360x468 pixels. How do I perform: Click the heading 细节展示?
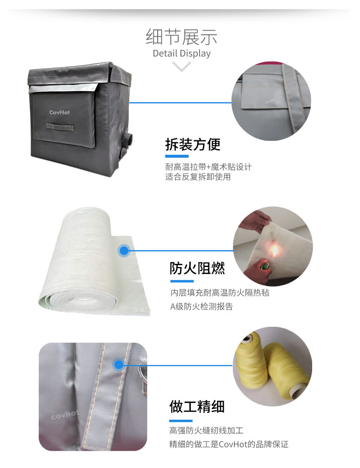[181, 37]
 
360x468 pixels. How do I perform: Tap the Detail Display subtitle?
[181, 53]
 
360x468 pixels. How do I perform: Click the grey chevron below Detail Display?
[181, 66]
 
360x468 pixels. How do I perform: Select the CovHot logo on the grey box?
[60, 113]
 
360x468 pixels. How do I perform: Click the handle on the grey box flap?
[60, 127]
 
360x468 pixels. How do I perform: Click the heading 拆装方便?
[193, 144]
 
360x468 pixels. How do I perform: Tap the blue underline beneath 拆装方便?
[177, 156]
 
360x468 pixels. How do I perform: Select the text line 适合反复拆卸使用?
[198, 177]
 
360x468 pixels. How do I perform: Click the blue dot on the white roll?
[124, 251]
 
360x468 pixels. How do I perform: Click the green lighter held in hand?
[264, 265]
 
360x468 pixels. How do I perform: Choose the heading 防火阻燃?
[197, 268]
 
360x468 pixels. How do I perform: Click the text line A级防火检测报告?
[201, 307]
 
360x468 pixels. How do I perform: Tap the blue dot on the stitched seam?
[118, 365]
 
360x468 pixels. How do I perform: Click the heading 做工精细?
[197, 407]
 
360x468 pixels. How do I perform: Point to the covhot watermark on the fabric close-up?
[64, 414]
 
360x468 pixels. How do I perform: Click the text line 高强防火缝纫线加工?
[206, 431]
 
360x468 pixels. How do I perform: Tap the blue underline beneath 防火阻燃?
[182, 281]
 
